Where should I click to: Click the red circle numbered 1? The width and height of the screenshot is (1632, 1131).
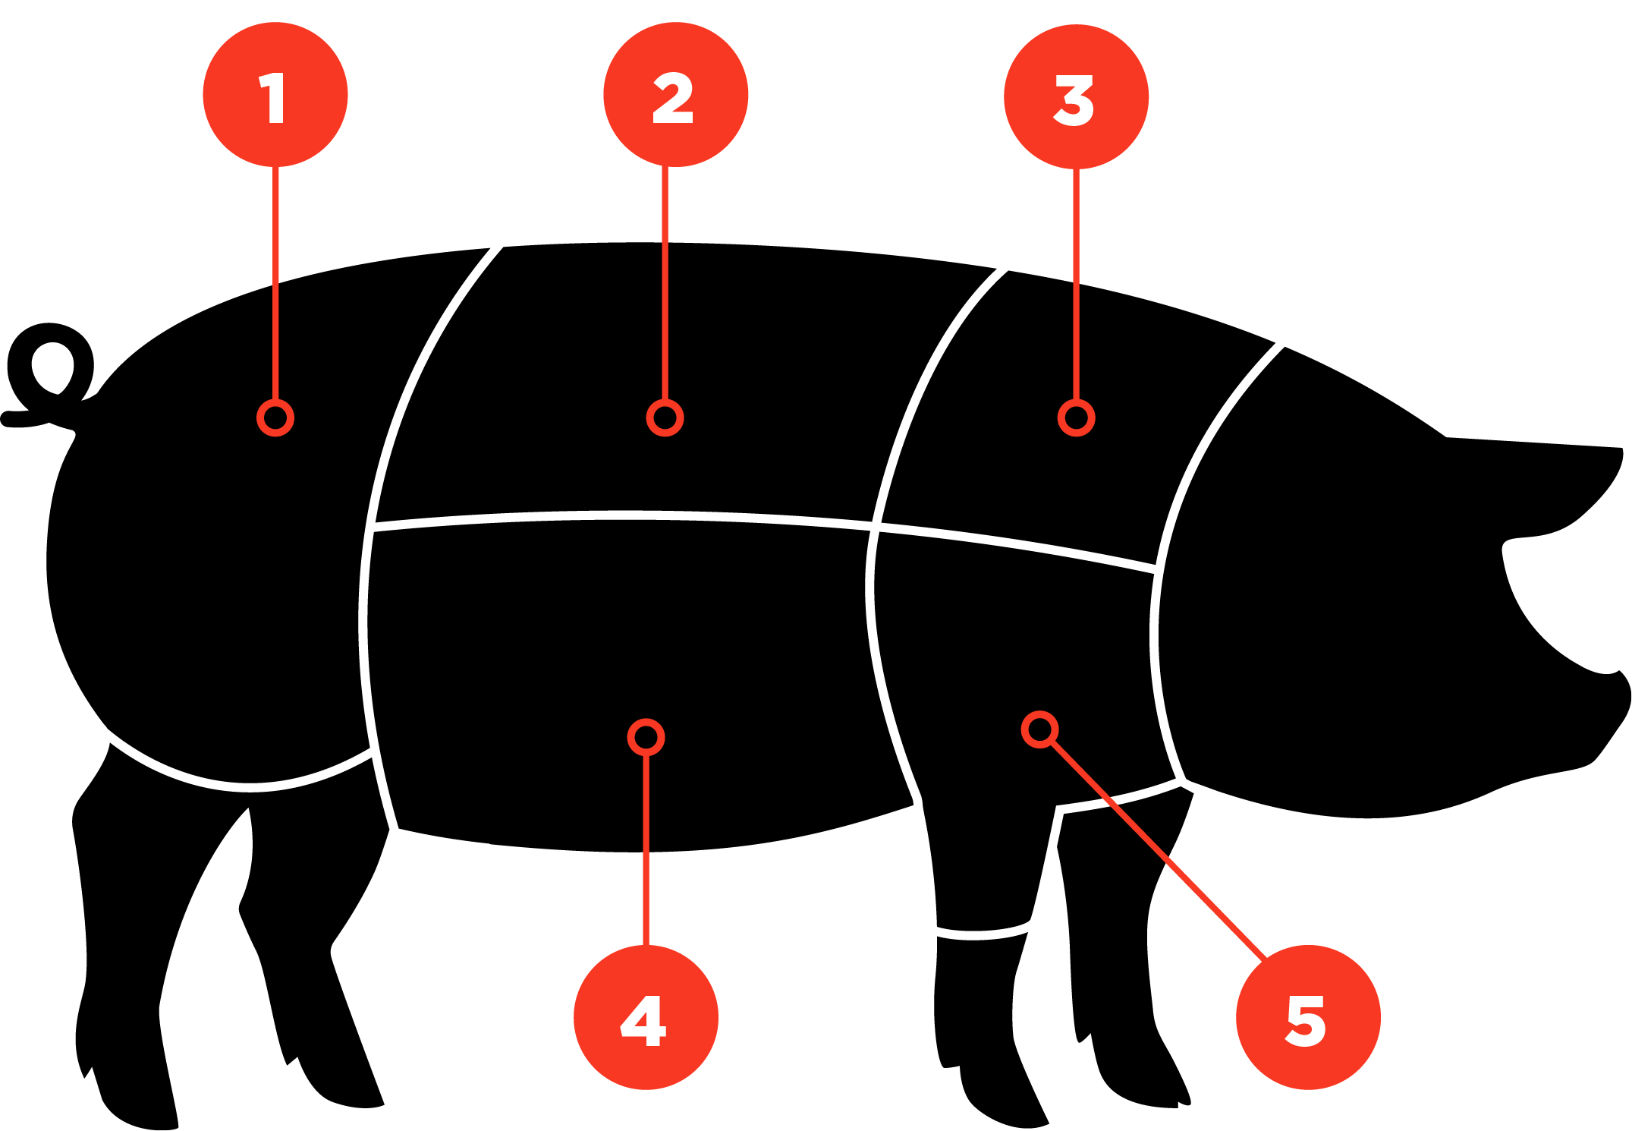(275, 95)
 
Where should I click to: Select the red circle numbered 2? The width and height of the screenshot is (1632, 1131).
(676, 95)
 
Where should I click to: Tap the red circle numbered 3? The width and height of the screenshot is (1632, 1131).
(1076, 97)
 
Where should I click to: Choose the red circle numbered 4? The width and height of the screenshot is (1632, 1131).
(646, 1017)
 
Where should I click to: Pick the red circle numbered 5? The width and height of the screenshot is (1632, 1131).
(1308, 1017)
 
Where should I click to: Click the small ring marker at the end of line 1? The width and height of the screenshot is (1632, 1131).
(275, 418)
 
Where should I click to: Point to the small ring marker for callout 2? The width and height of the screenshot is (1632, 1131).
(665, 418)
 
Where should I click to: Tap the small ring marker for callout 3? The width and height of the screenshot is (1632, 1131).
(1076, 418)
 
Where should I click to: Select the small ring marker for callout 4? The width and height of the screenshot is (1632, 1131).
(646, 737)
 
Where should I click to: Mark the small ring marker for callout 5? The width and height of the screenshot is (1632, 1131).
(1039, 729)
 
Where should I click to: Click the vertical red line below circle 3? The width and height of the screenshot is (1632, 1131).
(1076, 285)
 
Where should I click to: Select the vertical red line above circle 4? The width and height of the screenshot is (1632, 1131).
(646, 850)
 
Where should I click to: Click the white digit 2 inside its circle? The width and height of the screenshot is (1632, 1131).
(673, 98)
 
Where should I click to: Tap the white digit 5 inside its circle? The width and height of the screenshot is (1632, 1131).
(1306, 1021)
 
